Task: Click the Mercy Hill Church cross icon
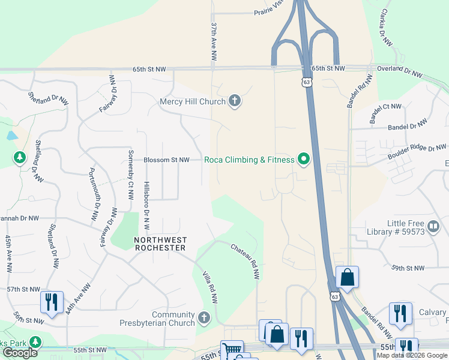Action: pyautogui.click(x=235, y=101)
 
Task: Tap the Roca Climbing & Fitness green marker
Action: pyautogui.click(x=304, y=160)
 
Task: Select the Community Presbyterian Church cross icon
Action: pyautogui.click(x=204, y=317)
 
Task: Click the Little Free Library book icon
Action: pyautogui.click(x=433, y=226)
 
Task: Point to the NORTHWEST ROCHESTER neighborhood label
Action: pyautogui.click(x=160, y=244)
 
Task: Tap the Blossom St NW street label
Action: pyautogui.click(x=166, y=160)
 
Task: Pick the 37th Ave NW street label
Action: pyautogui.click(x=212, y=42)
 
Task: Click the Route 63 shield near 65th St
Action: pyautogui.click(x=308, y=84)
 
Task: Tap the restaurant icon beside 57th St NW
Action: pyautogui.click(x=52, y=302)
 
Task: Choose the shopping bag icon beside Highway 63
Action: pyautogui.click(x=347, y=277)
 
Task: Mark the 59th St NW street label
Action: pyautogui.click(x=408, y=268)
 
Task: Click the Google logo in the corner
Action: pyautogui.click(x=20, y=353)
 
